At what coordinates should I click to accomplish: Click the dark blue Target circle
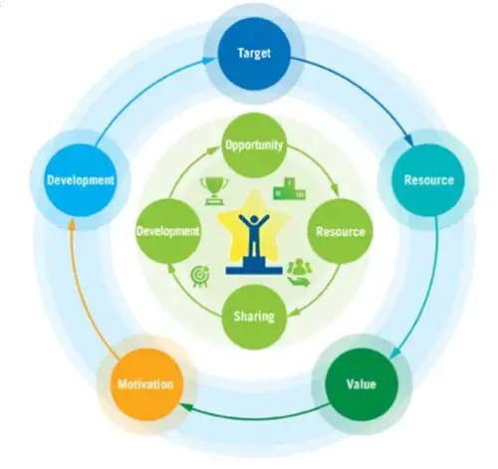click(x=254, y=54)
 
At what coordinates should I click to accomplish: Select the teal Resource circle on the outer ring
click(x=428, y=180)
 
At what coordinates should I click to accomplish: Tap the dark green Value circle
click(x=362, y=384)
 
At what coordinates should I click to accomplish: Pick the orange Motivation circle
click(x=145, y=384)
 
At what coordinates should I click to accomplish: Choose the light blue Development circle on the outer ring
click(x=80, y=180)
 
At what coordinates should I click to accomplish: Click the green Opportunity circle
click(x=254, y=145)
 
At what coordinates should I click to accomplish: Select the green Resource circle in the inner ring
click(x=341, y=231)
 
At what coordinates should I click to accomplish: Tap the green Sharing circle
click(x=254, y=317)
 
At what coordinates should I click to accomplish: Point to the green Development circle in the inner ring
click(x=168, y=231)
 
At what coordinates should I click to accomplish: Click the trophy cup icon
click(x=214, y=191)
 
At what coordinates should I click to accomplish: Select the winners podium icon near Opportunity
click(x=289, y=189)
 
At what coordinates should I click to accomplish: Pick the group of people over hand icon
click(x=299, y=272)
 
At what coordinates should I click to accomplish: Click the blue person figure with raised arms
click(x=254, y=235)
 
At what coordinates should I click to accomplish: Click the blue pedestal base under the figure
click(x=254, y=266)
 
